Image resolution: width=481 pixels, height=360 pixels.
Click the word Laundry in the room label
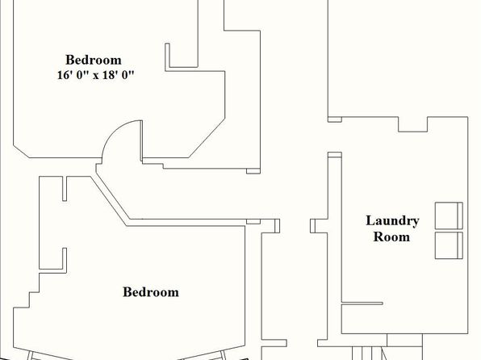pyautogui.click(x=392, y=221)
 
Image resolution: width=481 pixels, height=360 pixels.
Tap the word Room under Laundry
pyautogui.click(x=391, y=237)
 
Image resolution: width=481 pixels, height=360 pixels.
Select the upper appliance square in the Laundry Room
pyautogui.click(x=449, y=216)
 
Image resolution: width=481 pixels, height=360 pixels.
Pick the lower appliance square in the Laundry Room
pyautogui.click(x=449, y=245)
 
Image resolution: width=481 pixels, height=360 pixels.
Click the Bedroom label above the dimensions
pyautogui.click(x=94, y=60)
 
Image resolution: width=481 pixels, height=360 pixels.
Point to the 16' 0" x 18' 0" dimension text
pyautogui.click(x=96, y=75)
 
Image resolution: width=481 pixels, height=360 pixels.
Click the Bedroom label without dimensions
pyautogui.click(x=151, y=292)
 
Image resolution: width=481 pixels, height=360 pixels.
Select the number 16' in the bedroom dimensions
pyautogui.click(x=65, y=75)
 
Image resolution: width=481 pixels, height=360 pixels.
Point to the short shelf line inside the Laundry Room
pyautogui.click(x=362, y=303)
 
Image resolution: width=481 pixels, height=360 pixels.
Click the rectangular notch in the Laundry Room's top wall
pyautogui.click(x=413, y=124)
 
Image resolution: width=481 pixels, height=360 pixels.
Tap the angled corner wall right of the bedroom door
pyautogui.click(x=207, y=138)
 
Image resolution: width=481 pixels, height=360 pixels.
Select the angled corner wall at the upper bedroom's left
pyautogui.click(x=21, y=151)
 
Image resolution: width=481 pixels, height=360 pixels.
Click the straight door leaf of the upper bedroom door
pyautogui.click(x=141, y=140)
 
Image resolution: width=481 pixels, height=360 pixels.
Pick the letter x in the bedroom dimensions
pyautogui.click(x=96, y=76)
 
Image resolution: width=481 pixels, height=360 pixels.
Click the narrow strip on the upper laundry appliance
pyautogui.click(x=460, y=216)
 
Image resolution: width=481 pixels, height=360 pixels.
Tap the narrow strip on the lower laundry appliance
pyautogui.click(x=460, y=245)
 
